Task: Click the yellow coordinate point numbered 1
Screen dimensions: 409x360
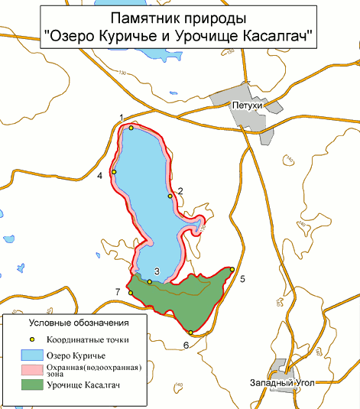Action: (x=131, y=128)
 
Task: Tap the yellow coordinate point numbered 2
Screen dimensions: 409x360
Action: (x=170, y=196)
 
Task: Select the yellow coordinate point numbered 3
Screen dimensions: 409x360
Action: (x=150, y=281)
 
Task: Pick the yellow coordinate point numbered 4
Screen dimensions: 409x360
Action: (x=114, y=172)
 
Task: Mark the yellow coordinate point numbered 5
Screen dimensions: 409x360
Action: (x=232, y=269)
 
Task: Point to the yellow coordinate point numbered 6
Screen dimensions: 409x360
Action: (x=190, y=332)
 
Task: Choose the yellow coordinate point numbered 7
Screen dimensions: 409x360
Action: (x=130, y=293)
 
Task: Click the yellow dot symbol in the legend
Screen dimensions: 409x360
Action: (x=31, y=339)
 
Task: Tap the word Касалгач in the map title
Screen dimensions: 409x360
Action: (x=277, y=35)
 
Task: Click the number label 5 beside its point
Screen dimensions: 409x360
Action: (x=242, y=279)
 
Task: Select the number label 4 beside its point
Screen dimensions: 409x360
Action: (x=100, y=176)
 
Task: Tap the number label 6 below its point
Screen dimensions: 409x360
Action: (x=186, y=345)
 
